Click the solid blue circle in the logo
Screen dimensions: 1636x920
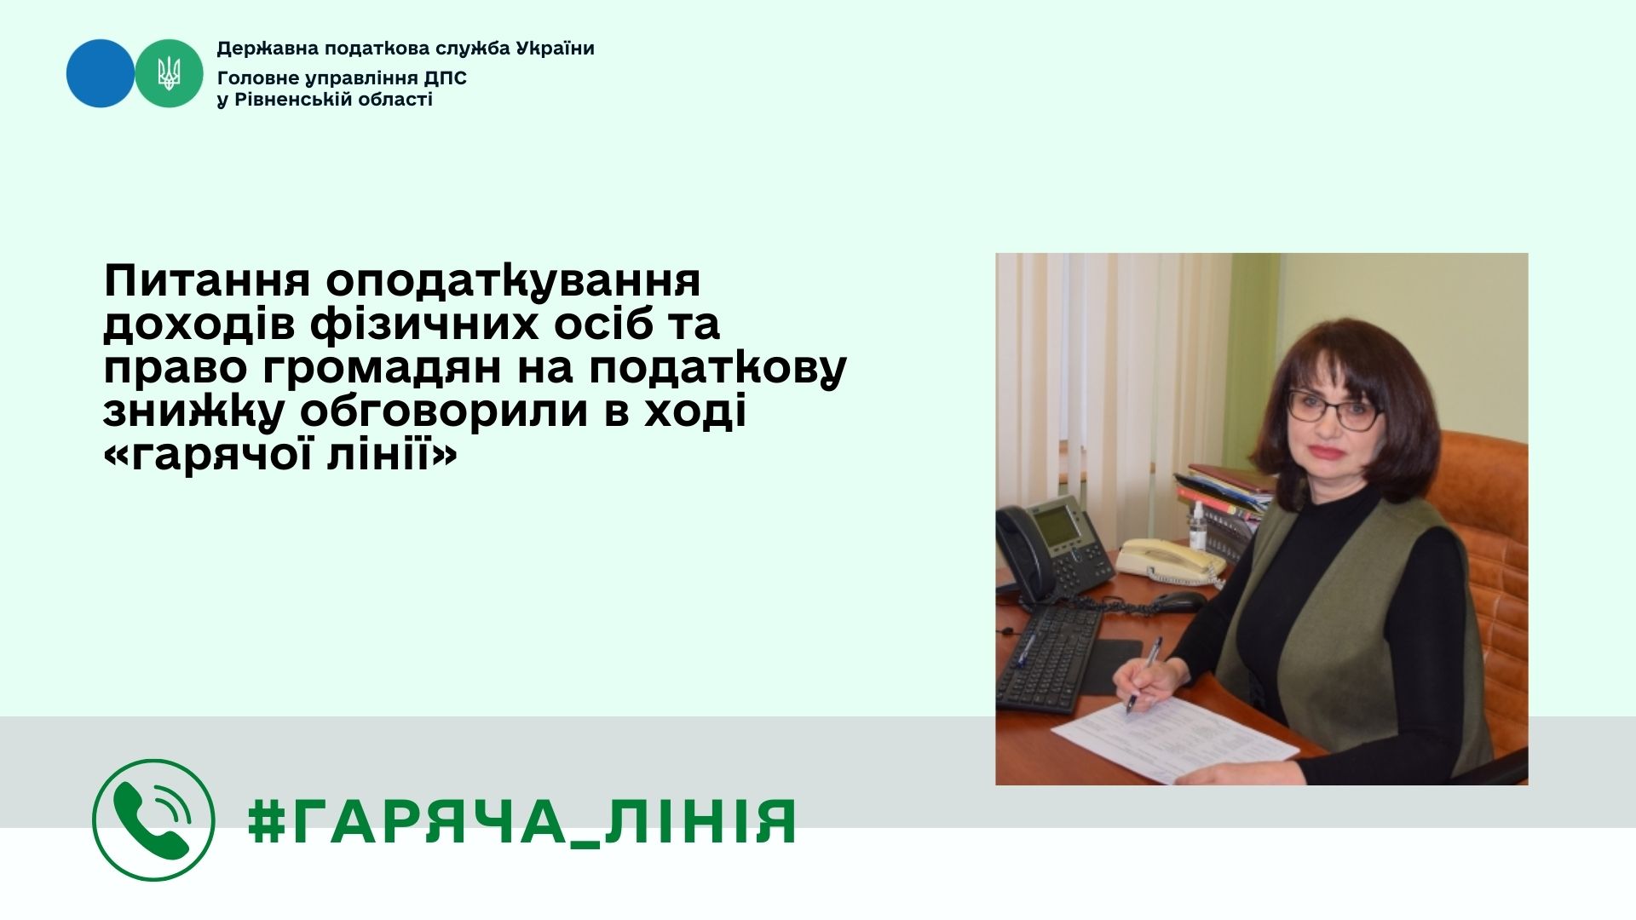(x=101, y=73)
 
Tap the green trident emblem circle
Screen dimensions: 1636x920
(x=169, y=73)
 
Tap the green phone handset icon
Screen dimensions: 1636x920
(x=153, y=819)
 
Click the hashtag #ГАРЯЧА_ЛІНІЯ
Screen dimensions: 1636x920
(x=522, y=822)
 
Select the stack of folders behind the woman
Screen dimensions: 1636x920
(x=1221, y=498)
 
